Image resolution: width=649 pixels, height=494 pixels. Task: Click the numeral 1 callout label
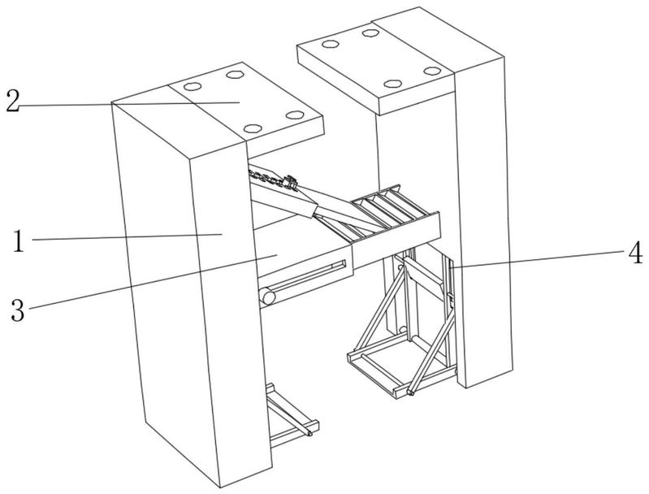tap(17, 241)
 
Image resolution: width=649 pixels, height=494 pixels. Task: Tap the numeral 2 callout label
tap(12, 101)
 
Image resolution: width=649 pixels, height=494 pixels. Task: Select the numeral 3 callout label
tap(18, 310)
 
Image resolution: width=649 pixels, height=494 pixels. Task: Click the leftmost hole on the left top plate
tap(193, 87)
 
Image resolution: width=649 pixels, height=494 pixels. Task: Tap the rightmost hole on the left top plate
tap(295, 115)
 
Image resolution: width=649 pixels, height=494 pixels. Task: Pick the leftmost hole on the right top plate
tap(331, 44)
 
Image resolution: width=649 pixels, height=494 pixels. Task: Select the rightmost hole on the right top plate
tap(432, 71)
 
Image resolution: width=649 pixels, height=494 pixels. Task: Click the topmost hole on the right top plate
tap(370, 32)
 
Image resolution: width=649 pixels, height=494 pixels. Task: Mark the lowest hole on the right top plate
tap(393, 84)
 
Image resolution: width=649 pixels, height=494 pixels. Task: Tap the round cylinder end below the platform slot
tap(267, 297)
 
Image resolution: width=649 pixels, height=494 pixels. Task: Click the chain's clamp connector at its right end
tap(291, 183)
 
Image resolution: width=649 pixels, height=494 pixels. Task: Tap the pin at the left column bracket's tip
tap(309, 434)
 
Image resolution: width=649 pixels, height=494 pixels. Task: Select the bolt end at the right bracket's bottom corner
tap(411, 392)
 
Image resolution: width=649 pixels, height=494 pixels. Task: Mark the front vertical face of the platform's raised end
tap(396, 240)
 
